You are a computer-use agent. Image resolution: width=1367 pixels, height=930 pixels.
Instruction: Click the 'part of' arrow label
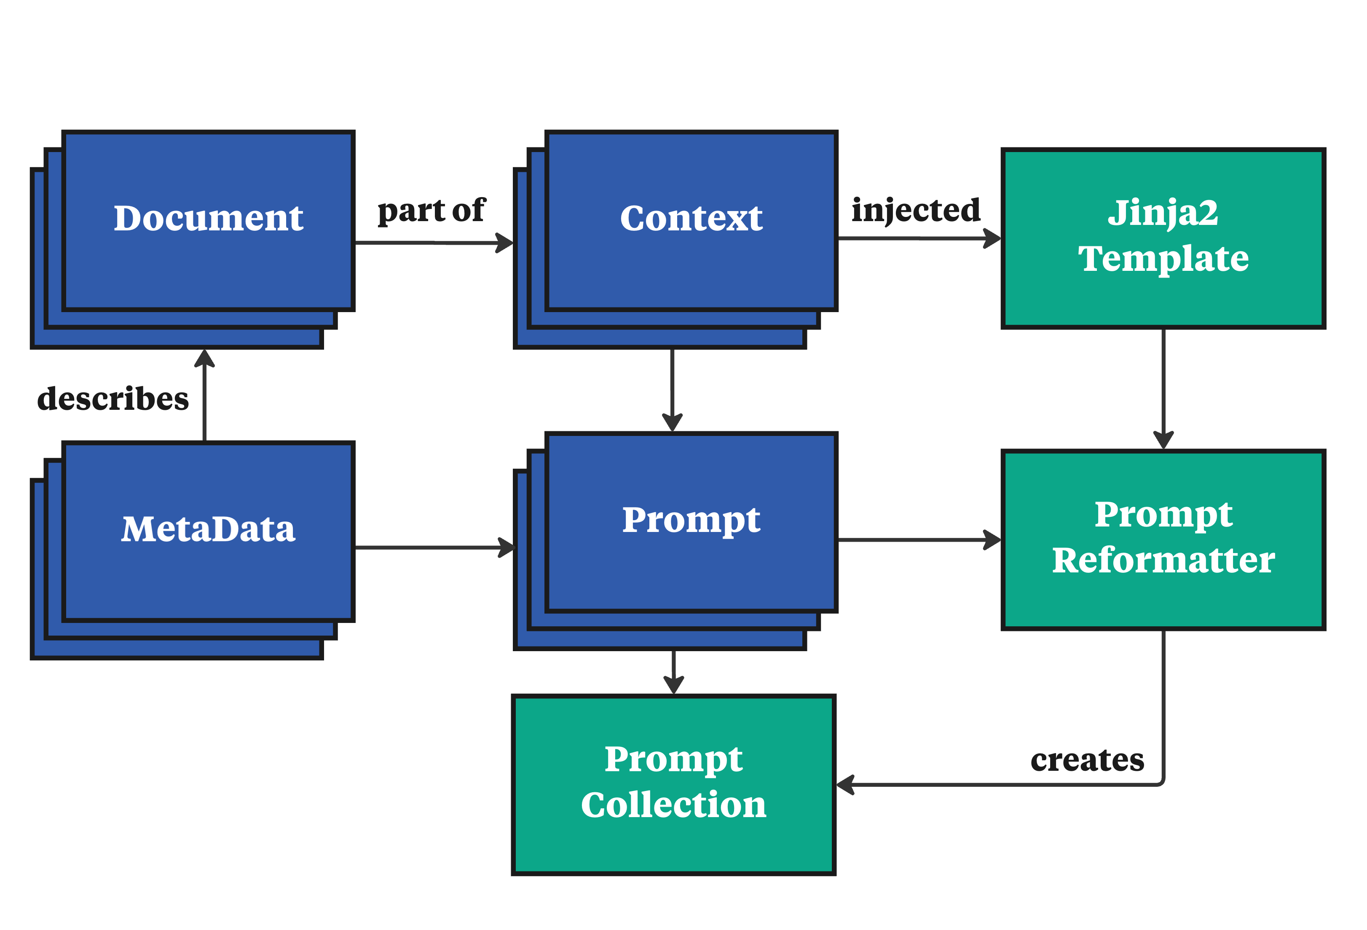click(431, 211)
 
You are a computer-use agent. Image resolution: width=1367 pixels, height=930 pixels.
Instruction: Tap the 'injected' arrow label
click(915, 211)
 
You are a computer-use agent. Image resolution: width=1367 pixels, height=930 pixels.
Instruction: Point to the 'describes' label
click(113, 399)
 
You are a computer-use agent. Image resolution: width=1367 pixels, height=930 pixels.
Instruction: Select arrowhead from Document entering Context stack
click(505, 243)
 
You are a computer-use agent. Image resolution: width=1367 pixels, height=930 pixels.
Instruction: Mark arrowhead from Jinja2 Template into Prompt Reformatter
click(1163, 440)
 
